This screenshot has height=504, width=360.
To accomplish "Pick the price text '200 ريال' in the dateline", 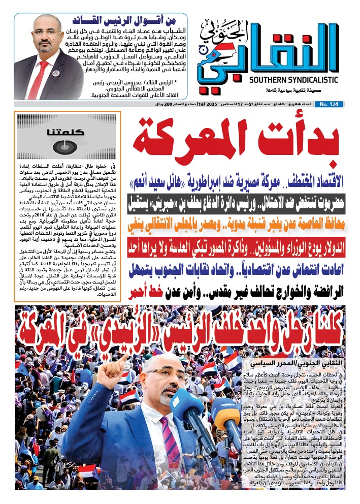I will pyautogui.click(x=155, y=104).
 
